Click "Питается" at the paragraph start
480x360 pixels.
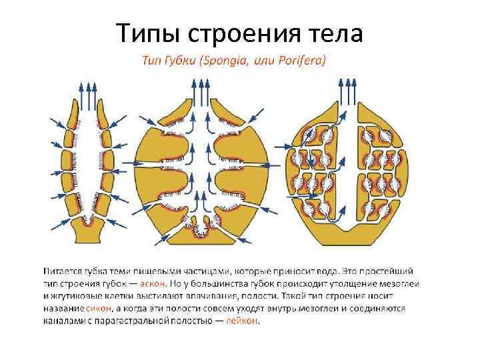point(61,271)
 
